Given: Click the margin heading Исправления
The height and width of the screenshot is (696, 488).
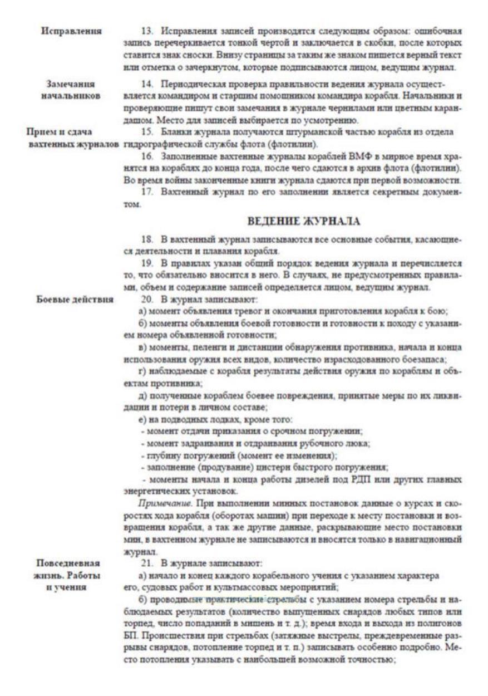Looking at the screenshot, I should (x=71, y=31).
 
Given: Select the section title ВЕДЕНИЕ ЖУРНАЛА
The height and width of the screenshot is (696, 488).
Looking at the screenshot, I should (x=304, y=221).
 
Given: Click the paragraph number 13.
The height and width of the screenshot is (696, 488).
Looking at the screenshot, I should (x=146, y=31).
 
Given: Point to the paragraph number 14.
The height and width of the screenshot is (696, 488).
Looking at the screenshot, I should (x=146, y=84).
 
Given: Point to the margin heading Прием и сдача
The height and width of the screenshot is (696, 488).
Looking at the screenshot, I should (x=60, y=133).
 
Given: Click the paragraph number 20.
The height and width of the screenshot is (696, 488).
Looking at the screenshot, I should (x=146, y=299).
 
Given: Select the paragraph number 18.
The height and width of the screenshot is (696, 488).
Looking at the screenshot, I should (x=146, y=239).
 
